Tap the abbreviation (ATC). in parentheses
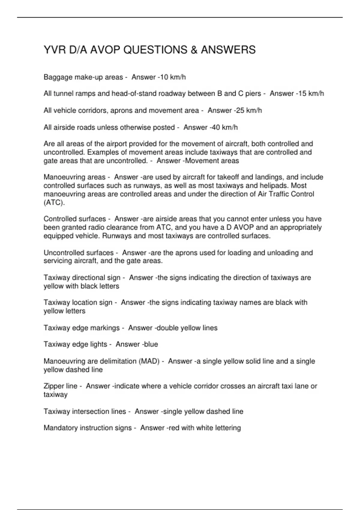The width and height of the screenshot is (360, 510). coord(54,202)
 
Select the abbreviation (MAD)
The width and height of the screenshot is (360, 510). coord(149,361)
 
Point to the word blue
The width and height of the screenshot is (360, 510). coord(151,344)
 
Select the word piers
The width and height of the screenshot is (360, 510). coord(253,94)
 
